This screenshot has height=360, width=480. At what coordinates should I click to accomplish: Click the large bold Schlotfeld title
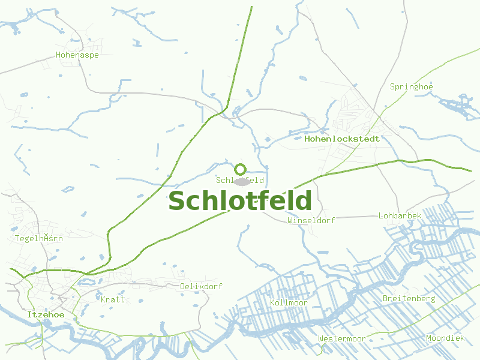click(240, 201)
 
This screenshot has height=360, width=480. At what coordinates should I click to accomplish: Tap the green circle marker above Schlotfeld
click(241, 169)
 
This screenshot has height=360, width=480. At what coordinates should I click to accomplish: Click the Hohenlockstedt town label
click(342, 139)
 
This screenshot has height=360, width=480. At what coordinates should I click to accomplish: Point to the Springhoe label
click(411, 87)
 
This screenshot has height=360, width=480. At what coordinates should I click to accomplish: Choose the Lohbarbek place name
click(400, 215)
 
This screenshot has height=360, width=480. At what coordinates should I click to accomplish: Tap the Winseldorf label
click(311, 220)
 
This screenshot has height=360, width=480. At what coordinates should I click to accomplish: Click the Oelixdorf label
click(201, 286)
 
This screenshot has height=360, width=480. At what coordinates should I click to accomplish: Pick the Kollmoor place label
click(289, 302)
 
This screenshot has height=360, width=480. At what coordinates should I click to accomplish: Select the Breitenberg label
click(409, 298)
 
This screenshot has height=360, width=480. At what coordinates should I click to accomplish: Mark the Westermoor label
click(341, 338)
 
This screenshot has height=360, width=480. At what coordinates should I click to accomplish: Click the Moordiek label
click(445, 338)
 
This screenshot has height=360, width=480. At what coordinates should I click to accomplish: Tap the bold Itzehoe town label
click(45, 314)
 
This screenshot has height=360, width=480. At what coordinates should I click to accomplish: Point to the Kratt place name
click(112, 299)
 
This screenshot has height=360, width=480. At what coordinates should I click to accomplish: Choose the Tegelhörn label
click(38, 238)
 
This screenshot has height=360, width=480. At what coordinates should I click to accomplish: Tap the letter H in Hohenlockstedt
click(308, 139)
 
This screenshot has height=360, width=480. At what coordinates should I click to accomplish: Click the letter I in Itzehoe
click(28, 314)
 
